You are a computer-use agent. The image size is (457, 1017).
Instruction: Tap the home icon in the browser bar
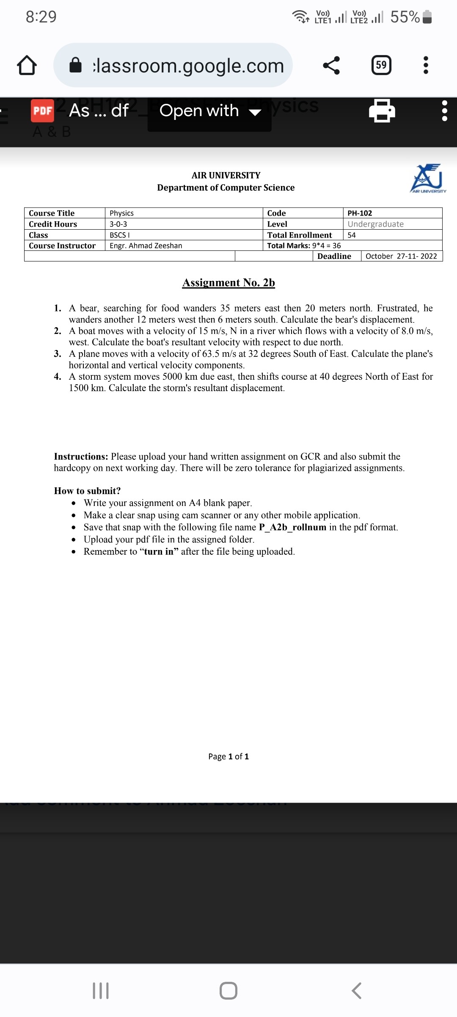[x=27, y=66]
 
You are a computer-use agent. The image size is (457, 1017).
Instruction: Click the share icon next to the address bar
[x=331, y=65]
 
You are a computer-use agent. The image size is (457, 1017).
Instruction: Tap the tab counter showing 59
[x=381, y=65]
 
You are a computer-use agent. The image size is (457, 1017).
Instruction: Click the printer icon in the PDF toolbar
[x=382, y=111]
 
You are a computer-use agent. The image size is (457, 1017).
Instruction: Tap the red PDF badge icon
[x=42, y=111]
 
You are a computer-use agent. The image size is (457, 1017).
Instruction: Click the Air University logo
[x=427, y=178]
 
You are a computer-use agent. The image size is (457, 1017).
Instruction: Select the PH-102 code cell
[x=360, y=213]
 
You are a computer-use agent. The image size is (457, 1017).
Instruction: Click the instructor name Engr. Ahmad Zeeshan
[x=146, y=246]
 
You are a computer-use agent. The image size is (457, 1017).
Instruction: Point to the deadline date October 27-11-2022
[x=401, y=256]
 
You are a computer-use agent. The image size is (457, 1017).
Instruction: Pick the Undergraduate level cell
[x=375, y=224]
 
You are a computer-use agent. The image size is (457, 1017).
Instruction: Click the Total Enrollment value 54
[x=352, y=235]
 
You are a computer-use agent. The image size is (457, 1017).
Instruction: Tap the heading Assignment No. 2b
[x=228, y=283]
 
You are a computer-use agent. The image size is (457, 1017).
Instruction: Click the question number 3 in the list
[x=58, y=354]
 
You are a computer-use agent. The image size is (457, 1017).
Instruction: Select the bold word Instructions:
[x=81, y=457]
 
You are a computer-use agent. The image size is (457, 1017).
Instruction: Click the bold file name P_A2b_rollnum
[x=292, y=528]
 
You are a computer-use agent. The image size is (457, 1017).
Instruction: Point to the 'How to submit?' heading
[x=87, y=491]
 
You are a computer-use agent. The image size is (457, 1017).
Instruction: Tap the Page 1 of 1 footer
[x=228, y=757]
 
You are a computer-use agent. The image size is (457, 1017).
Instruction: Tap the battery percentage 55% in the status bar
[x=405, y=17]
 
